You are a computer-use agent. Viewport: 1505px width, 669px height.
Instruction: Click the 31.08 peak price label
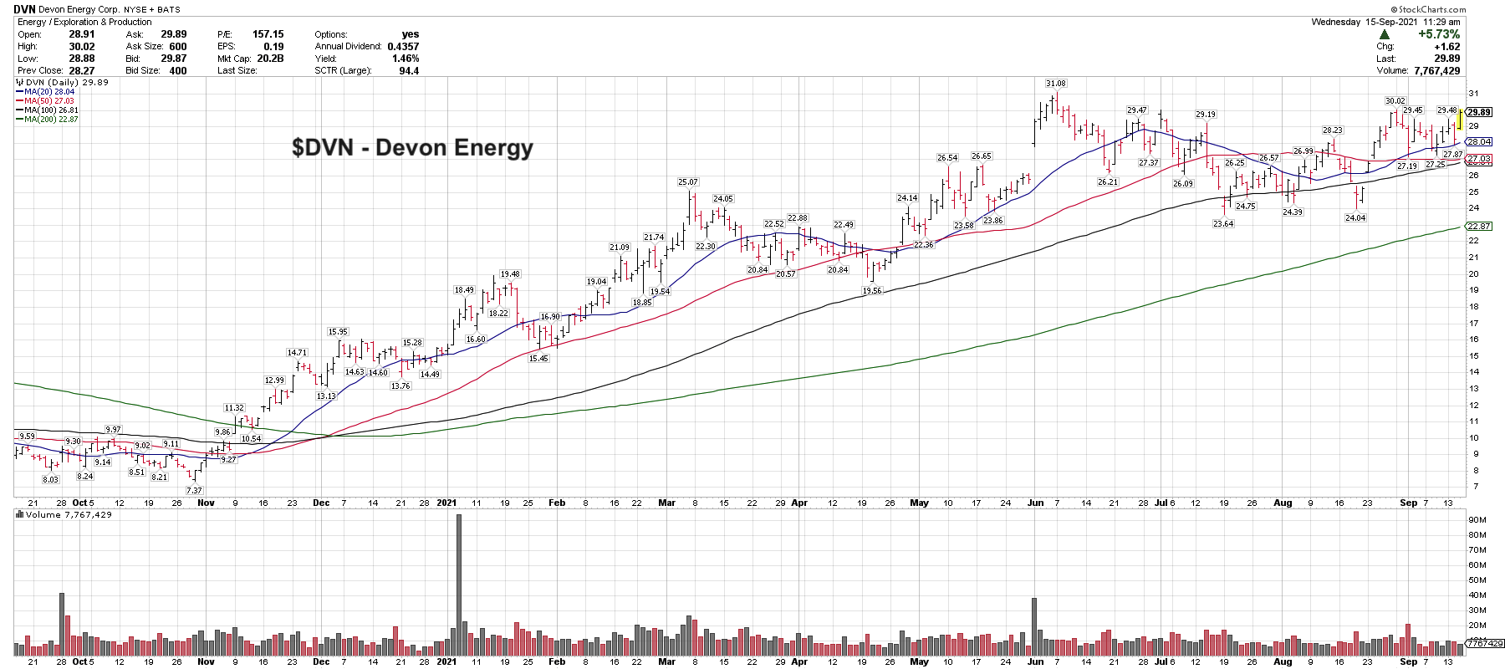1055,84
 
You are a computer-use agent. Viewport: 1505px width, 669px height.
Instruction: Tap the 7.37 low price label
194,491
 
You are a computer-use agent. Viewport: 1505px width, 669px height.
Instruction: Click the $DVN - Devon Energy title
412,148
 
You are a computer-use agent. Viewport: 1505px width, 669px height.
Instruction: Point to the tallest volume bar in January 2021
459,584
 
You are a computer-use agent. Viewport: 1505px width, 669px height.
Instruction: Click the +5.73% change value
1438,34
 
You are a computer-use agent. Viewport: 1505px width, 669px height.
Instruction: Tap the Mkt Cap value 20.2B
270,59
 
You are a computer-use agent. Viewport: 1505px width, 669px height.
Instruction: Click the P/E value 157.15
268,34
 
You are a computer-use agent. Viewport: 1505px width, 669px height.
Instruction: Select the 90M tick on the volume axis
1477,519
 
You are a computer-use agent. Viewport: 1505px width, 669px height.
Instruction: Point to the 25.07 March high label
687,182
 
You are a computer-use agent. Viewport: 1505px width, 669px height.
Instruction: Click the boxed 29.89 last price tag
1479,112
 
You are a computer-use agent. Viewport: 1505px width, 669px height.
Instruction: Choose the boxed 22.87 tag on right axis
1479,226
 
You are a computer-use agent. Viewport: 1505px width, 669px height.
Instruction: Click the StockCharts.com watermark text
1428,9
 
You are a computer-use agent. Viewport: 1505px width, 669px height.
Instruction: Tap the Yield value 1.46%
406,59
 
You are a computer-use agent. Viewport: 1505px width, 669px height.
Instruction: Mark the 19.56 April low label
871,291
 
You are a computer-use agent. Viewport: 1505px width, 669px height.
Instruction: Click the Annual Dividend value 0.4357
403,47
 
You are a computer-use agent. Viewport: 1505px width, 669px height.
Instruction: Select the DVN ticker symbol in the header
24,9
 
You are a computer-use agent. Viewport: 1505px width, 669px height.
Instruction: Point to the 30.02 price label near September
1395,101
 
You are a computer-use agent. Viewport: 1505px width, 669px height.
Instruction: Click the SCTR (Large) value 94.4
409,71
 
